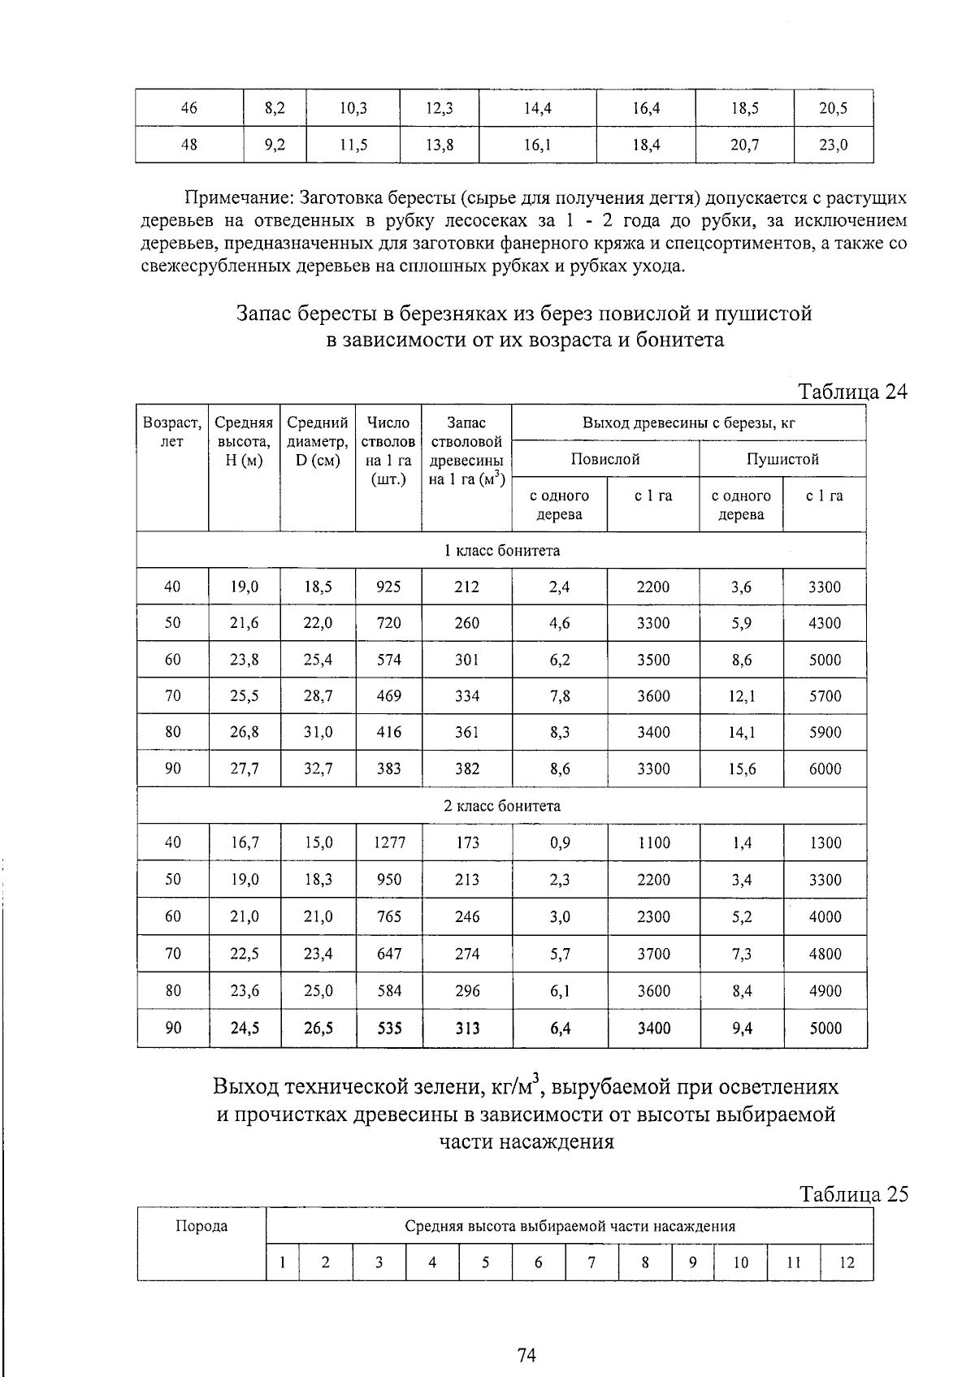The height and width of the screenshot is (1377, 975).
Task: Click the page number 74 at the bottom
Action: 526,1354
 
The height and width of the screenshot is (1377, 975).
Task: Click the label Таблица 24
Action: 852,392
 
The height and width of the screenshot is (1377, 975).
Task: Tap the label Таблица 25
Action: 852,1194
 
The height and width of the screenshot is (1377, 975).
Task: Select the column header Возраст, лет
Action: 172,432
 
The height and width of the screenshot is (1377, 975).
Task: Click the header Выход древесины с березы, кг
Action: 688,422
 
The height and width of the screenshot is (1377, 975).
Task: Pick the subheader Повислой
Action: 605,459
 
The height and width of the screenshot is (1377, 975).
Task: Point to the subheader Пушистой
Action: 782,459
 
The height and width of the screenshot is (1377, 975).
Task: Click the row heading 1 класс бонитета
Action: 501,550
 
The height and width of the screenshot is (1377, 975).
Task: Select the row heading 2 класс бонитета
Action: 501,806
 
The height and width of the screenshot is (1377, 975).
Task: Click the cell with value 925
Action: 388,587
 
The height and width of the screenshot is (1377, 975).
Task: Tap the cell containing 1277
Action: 389,842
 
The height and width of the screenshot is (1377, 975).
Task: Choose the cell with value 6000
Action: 825,769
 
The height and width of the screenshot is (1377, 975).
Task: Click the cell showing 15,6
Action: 741,769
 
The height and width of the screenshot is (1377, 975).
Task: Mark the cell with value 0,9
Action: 560,842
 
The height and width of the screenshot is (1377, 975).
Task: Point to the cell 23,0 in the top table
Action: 833,145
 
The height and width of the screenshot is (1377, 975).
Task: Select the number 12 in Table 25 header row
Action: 847,1262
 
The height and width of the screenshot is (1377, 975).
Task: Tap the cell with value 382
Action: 466,769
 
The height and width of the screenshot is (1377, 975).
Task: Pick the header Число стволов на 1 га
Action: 388,451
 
